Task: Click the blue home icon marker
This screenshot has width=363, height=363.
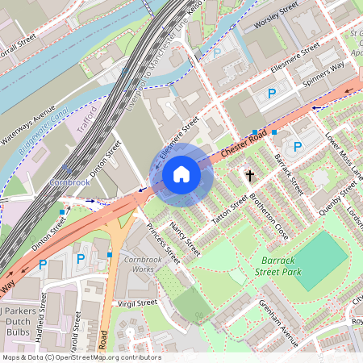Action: [181, 173]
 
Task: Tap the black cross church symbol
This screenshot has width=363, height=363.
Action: [250, 174]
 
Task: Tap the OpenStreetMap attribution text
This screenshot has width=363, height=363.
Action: [81, 357]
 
